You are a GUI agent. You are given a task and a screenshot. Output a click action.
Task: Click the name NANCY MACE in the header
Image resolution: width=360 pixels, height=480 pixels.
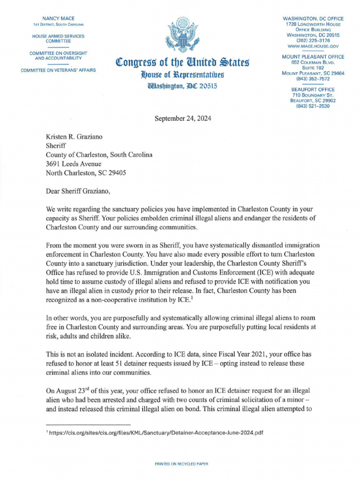pyautogui.click(x=59, y=18)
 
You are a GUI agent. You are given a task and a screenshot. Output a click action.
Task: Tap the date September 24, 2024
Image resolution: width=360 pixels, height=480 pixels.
pyautogui.click(x=183, y=119)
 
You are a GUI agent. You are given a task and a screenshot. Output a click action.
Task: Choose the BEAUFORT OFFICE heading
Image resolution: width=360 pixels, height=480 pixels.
pyautogui.click(x=313, y=89)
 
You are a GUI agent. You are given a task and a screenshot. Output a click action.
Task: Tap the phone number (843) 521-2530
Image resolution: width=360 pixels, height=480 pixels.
pyautogui.click(x=313, y=106)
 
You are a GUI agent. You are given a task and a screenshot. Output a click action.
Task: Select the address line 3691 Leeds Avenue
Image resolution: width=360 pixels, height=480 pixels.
pyautogui.click(x=73, y=164)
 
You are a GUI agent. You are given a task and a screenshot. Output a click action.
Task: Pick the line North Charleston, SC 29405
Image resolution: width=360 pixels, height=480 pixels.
pyautogui.click(x=86, y=172)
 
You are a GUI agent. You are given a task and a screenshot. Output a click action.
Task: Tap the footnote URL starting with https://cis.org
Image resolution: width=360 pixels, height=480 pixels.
pyautogui.click(x=157, y=433)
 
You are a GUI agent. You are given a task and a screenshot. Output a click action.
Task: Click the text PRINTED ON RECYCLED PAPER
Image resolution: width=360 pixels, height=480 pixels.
pyautogui.click(x=181, y=464)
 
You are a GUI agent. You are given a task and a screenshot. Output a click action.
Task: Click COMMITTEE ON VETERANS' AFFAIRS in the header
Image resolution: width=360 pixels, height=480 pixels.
pyautogui.click(x=58, y=70)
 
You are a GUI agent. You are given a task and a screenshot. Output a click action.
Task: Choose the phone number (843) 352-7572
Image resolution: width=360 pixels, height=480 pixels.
pyautogui.click(x=313, y=79)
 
